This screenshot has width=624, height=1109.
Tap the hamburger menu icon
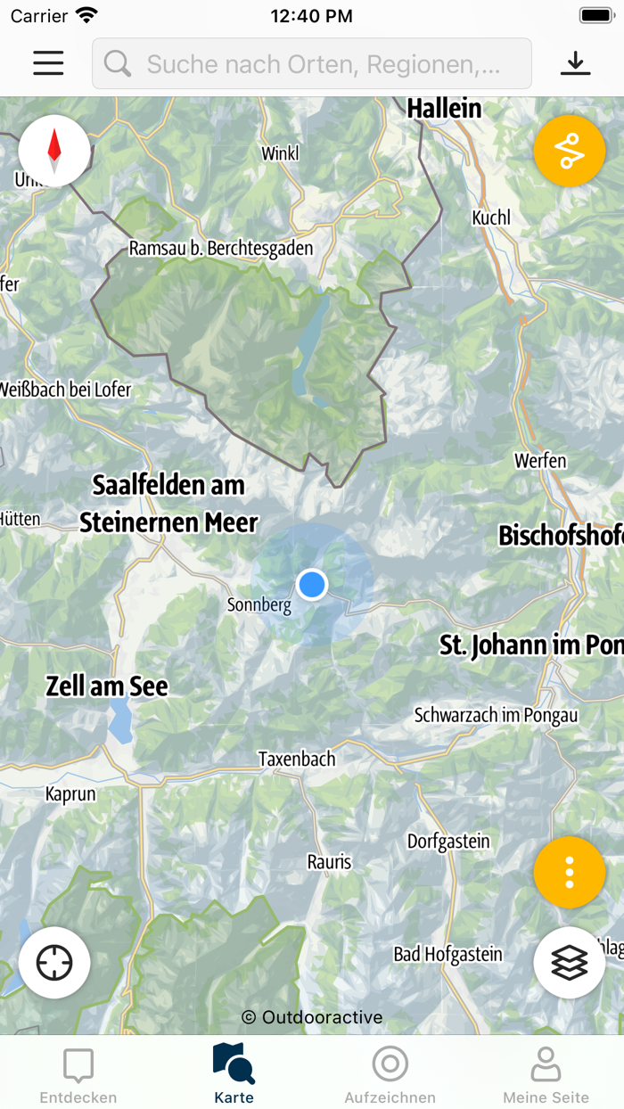[48, 63]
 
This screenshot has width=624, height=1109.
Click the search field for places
[312, 63]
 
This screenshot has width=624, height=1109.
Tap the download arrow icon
[576, 63]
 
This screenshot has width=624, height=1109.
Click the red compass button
[54, 152]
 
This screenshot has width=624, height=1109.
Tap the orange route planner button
[570, 151]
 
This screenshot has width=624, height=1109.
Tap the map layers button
[570, 963]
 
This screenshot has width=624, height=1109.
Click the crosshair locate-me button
[54, 963]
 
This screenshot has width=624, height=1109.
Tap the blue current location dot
[312, 585]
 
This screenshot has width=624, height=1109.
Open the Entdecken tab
[78, 1075]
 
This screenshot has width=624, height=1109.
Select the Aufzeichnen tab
[390, 1075]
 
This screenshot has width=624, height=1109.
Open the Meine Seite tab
[546, 1075]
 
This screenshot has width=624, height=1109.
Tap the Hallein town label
[444, 109]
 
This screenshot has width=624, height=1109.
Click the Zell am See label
[107, 686]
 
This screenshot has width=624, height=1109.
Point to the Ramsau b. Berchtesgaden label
[221, 249]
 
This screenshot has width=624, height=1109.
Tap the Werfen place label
[540, 461]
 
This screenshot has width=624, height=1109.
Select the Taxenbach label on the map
[297, 760]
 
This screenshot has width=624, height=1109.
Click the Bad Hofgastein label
[447, 955]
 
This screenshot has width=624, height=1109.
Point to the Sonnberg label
[259, 606]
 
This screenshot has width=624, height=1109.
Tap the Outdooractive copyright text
[312, 1017]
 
